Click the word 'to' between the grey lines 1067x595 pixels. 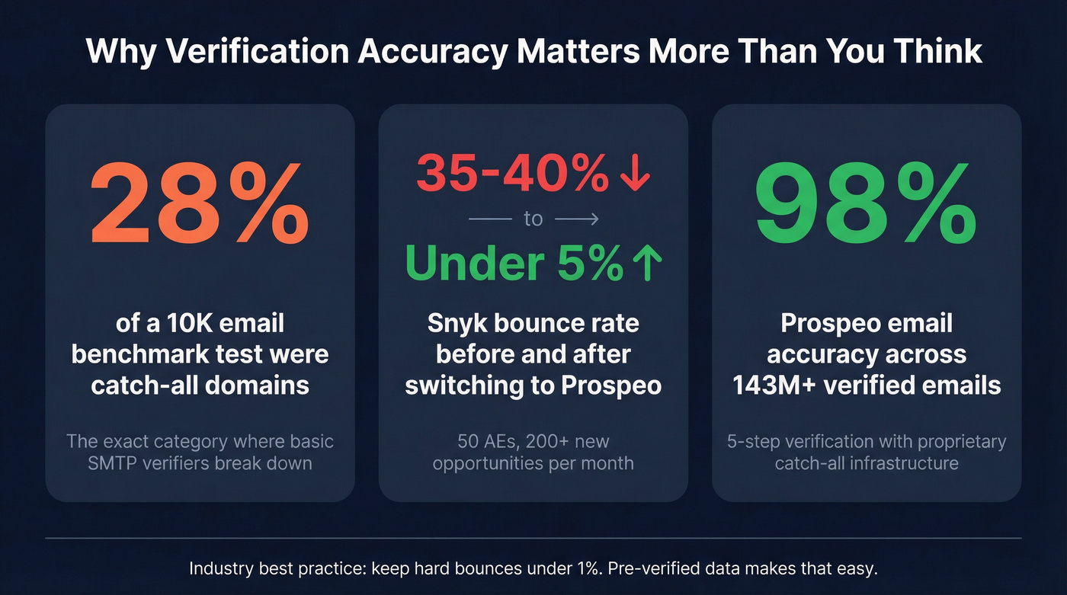coord(533,219)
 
